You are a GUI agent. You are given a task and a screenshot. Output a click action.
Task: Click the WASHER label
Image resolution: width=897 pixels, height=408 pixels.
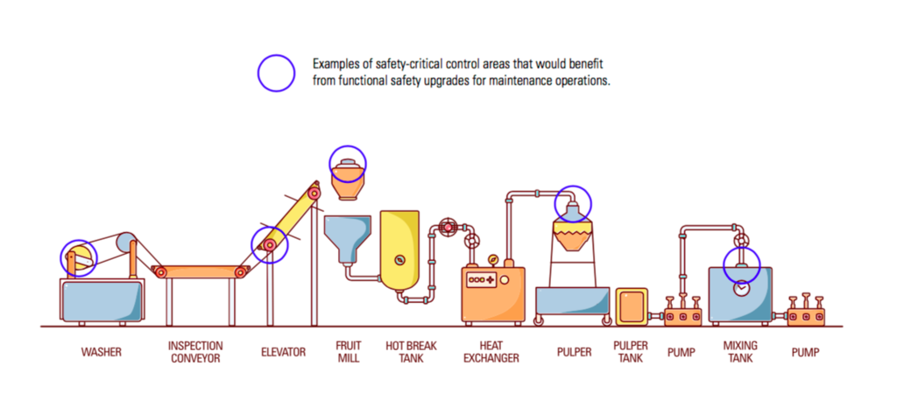point(102,352)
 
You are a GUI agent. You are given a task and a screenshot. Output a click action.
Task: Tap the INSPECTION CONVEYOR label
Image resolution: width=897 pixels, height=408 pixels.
point(195,352)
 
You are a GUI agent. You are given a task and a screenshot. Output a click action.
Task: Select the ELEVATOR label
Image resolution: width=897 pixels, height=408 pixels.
point(283,352)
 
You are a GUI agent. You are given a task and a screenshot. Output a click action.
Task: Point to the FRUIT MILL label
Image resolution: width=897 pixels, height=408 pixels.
point(348,352)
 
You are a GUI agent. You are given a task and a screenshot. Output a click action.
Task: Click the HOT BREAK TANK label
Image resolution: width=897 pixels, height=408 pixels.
point(411,352)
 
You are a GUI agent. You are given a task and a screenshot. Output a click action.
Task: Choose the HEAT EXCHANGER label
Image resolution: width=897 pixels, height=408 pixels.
point(491,352)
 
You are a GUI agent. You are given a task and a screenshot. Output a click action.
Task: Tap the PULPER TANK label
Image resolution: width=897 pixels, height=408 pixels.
point(631,352)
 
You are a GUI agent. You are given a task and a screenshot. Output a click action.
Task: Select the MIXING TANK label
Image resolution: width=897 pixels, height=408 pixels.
point(740,352)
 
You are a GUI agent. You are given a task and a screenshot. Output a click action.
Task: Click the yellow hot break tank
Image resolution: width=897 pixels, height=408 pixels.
point(399,250)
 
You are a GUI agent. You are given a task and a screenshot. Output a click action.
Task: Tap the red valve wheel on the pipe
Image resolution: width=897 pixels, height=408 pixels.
point(448,228)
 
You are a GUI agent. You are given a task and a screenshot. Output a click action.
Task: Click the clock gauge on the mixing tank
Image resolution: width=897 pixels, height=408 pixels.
point(741,289)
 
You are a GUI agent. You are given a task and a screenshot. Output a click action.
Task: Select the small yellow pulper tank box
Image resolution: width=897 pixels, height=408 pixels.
point(632,306)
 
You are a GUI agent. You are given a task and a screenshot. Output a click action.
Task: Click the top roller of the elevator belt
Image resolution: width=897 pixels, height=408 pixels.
point(313,193)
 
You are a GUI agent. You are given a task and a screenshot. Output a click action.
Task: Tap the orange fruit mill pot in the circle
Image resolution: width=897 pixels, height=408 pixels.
point(347,179)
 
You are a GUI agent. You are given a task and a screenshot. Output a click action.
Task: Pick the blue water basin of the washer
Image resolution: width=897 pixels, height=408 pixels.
point(102,301)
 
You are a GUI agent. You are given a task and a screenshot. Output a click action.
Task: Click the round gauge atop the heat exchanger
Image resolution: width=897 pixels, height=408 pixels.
point(492,260)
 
